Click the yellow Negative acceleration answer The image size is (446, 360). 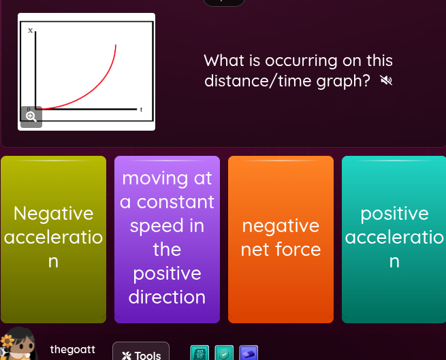[53, 238]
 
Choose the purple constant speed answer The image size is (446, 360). [167, 238]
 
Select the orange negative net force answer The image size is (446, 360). [281, 238]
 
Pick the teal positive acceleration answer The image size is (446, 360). [394, 238]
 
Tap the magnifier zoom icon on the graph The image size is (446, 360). [31, 116]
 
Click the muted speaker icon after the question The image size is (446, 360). [386, 82]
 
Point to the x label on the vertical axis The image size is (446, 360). [30, 31]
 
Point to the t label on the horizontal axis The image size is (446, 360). [141, 109]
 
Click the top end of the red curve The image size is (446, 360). [116, 46]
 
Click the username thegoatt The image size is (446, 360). [72, 349]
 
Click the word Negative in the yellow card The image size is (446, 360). [54, 214]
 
